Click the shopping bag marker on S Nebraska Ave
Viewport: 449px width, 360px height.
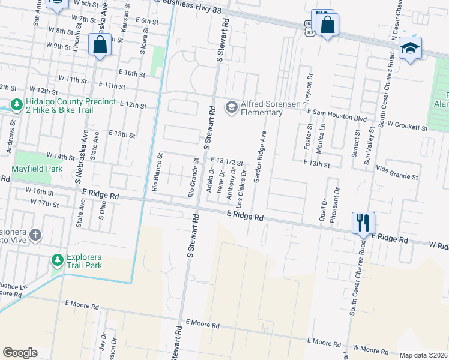tap(100, 44)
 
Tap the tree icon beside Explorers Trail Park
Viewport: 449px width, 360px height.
tap(57, 260)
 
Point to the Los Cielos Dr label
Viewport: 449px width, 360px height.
tap(242, 184)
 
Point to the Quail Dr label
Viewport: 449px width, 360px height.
tap(323, 209)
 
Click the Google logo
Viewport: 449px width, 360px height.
tap(20, 352)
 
